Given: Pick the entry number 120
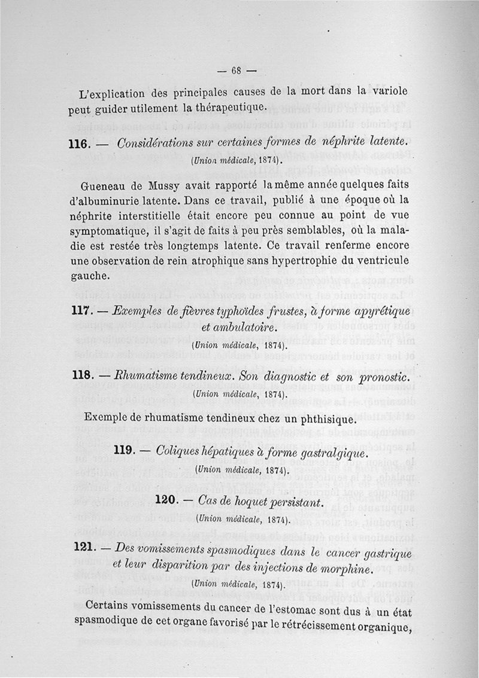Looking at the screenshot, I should tap(165, 498).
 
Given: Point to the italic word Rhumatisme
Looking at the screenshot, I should tap(143, 378).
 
